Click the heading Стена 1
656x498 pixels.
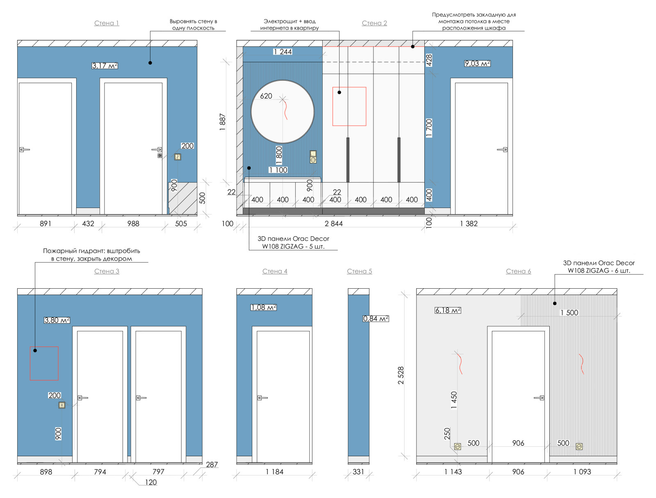[x=106, y=23]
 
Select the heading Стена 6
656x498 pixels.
[x=518, y=271]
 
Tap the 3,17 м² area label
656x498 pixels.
[x=105, y=66]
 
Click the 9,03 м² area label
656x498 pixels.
[x=477, y=63]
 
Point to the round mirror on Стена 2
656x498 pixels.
[x=251, y=112]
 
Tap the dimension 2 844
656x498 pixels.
[x=333, y=224]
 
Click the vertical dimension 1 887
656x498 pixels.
[x=222, y=122]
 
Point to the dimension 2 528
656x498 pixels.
[x=401, y=376]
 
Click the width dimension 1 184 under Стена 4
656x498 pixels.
[x=274, y=472]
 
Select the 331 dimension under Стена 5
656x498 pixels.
[x=358, y=472]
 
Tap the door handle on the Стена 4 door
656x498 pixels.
[x=262, y=398]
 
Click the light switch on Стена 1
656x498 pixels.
[x=178, y=157]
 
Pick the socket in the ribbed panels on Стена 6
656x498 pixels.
[x=579, y=447]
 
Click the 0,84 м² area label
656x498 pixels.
[x=376, y=319]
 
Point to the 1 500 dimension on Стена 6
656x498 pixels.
[x=569, y=313]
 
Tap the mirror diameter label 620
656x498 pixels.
[x=266, y=96]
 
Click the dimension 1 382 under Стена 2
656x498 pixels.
[x=469, y=224]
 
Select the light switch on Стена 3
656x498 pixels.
[x=61, y=405]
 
